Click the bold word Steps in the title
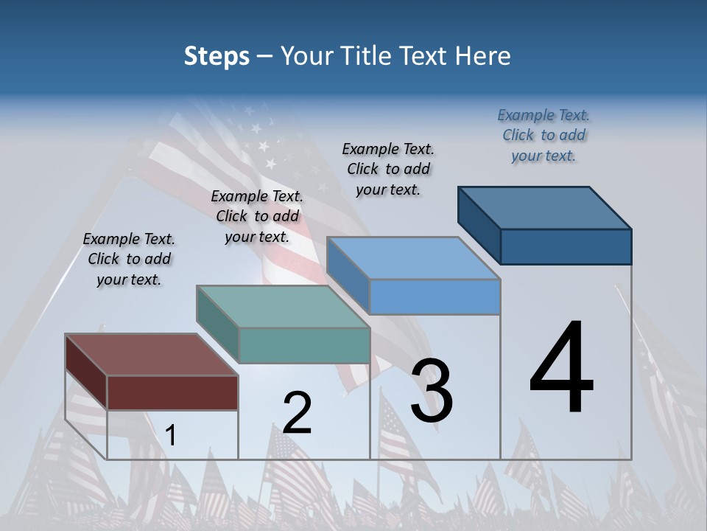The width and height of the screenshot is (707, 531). [217, 56]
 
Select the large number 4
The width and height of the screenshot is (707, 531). [561, 369]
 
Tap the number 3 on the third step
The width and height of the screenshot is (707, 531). [431, 391]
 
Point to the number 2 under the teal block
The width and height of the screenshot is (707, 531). [297, 413]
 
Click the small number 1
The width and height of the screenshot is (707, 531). [171, 436]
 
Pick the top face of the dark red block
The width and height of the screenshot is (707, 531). [151, 355]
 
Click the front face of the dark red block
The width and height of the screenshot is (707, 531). [172, 392]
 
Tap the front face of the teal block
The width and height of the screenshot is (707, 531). [304, 345]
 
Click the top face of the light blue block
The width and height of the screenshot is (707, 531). [413, 258]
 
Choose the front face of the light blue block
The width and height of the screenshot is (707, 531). [435, 296]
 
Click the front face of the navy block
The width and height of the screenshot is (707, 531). [566, 246]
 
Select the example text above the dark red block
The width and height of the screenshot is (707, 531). [129, 259]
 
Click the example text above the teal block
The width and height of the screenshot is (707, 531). [257, 216]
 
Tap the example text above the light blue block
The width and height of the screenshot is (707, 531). [388, 169]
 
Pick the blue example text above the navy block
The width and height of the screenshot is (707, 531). [544, 135]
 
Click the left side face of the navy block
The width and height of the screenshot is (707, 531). [479, 225]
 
